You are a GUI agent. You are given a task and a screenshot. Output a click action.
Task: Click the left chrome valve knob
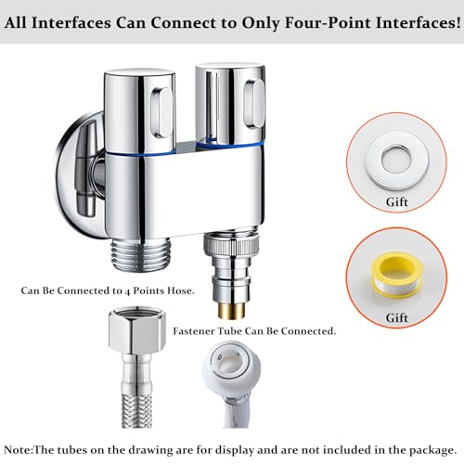[144, 101]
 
